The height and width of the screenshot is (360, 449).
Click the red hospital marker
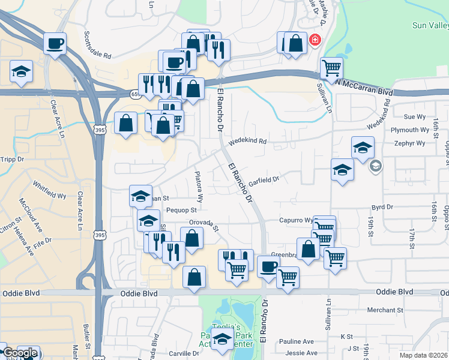tap(314, 41)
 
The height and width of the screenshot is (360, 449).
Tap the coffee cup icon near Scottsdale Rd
tap(55, 43)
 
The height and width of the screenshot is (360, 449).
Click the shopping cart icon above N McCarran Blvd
tap(331, 68)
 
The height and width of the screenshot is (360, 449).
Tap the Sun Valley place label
tap(430, 26)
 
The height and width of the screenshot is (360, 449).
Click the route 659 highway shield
tap(134, 94)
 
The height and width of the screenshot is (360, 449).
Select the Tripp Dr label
tap(12, 160)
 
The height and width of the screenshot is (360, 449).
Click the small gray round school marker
tap(376, 166)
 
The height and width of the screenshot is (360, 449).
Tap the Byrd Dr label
tap(381, 206)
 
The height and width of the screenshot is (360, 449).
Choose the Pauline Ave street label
tap(300, 341)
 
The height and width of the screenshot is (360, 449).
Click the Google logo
tap(20, 353)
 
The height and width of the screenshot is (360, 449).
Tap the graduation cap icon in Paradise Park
tap(222, 340)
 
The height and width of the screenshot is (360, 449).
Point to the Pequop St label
tap(181, 211)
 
